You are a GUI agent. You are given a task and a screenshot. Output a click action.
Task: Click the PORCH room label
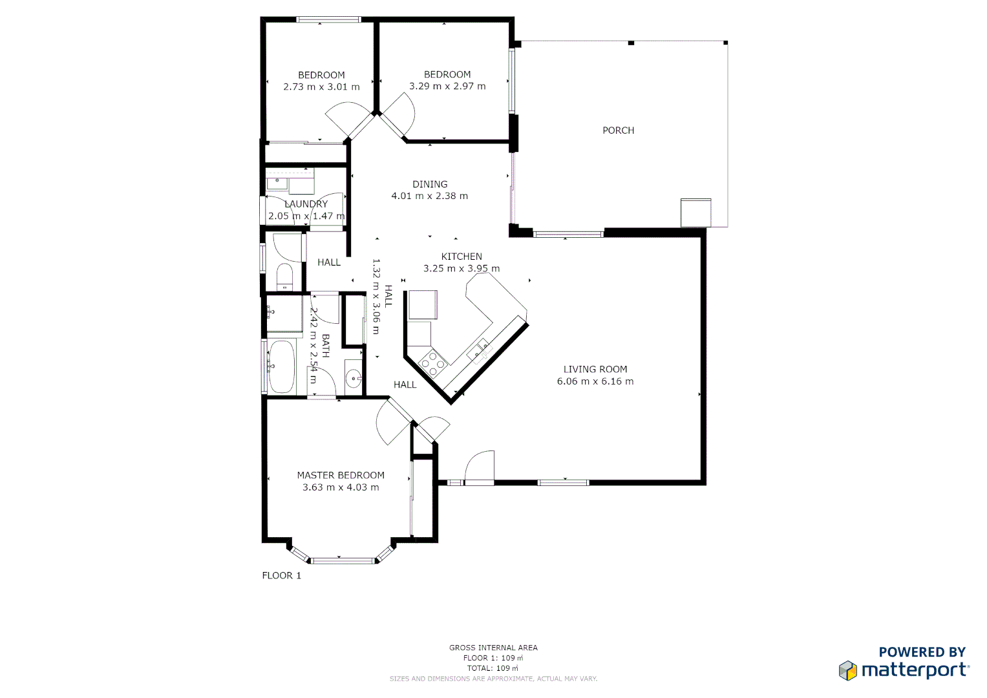click(618, 131)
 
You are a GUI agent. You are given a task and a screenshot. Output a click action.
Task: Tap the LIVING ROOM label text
click(595, 370)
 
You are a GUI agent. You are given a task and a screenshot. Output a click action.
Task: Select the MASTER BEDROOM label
click(341, 476)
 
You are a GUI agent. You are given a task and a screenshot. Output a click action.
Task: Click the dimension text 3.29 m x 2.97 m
click(447, 87)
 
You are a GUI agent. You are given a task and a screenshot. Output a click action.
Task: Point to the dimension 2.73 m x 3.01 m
click(321, 87)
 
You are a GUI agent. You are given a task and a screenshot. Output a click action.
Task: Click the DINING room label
click(430, 185)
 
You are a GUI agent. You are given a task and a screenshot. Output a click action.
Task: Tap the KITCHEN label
click(462, 257)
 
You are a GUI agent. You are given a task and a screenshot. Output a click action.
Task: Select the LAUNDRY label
click(306, 204)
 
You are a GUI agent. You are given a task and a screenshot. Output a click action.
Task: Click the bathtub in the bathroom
click(281, 367)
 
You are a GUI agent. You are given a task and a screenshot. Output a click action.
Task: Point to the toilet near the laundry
click(284, 277)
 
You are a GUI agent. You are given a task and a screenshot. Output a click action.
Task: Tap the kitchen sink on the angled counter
click(479, 350)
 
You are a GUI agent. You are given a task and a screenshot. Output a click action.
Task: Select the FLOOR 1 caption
click(281, 576)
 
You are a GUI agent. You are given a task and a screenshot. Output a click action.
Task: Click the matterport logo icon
click(847, 671)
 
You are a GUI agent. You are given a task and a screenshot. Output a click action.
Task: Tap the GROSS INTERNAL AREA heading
click(493, 648)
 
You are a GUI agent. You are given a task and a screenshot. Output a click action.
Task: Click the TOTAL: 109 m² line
click(493, 668)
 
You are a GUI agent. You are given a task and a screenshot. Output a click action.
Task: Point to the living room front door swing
click(480, 467)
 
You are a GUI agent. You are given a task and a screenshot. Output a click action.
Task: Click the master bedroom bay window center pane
click(343, 560)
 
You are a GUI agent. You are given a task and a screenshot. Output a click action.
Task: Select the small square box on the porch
click(695, 213)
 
